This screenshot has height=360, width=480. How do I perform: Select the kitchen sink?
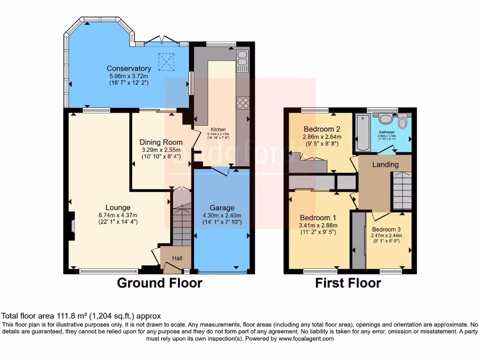[x=243, y=60]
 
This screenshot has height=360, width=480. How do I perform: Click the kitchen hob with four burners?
[x=243, y=102]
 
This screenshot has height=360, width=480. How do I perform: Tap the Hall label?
[x=177, y=258]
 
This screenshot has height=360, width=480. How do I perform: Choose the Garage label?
[x=222, y=208]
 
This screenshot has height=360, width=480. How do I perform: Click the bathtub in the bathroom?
[x=362, y=134]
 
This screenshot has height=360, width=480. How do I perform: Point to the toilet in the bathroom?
[x=402, y=123]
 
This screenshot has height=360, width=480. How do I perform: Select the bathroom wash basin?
[x=387, y=119]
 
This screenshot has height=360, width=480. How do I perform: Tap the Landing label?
[x=385, y=165]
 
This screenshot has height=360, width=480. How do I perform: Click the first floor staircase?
[x=401, y=190]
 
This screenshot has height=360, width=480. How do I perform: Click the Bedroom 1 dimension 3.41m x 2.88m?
[x=319, y=225]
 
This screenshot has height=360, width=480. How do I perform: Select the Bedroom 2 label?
[x=322, y=129]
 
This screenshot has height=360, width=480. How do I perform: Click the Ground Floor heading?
[x=159, y=283]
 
